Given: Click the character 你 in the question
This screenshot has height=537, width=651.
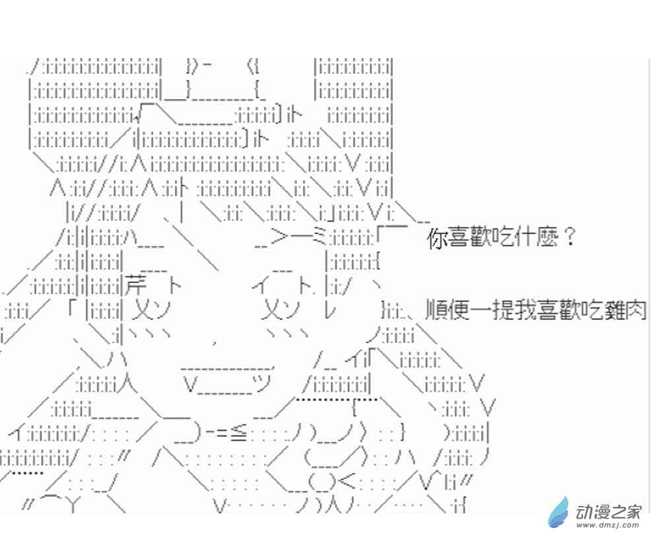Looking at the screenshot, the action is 438,239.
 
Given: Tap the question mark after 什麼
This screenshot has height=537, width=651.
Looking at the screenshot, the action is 568,237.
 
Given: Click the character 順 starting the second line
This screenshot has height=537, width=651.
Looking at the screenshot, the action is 436,310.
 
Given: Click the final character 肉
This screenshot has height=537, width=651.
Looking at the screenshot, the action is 636,310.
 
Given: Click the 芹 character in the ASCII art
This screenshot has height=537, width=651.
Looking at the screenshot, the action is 135,286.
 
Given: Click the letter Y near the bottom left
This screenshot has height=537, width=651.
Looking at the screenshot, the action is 71,505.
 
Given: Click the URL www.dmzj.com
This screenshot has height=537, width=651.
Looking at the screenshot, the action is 608,526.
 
